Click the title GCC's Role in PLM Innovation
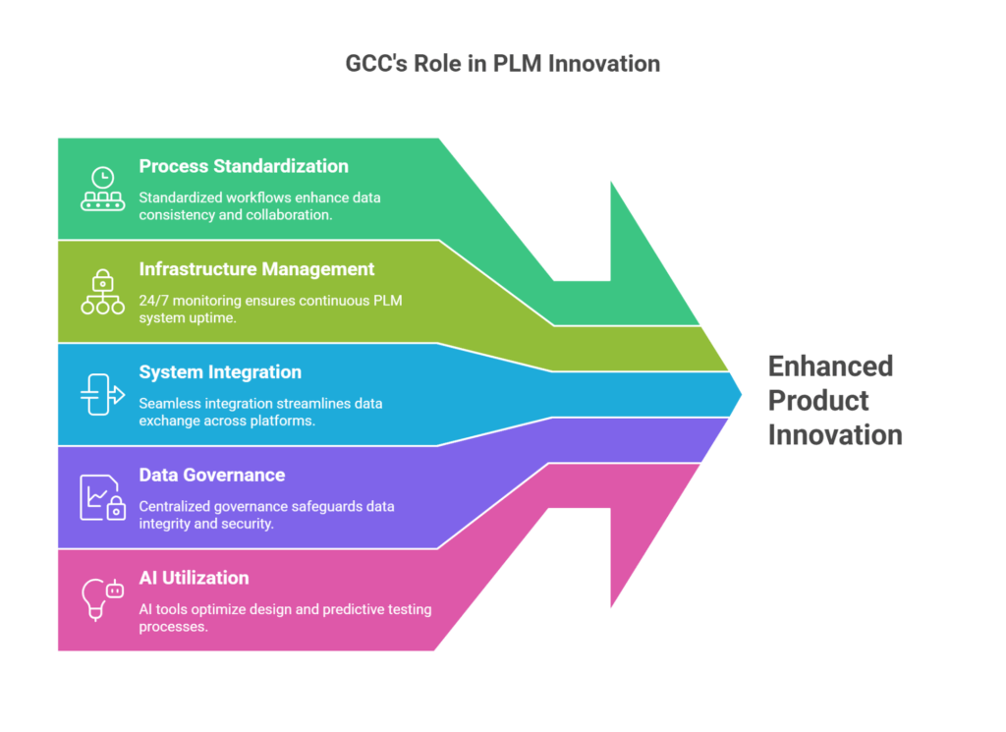tap(502, 64)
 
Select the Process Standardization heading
tap(244, 166)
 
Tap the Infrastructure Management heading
tap(256, 268)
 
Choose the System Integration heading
tap(220, 371)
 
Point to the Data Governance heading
tap(212, 475)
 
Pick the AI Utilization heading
tap(195, 578)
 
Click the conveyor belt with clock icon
tap(102, 190)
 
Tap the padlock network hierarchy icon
tap(102, 292)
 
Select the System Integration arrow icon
tap(102, 394)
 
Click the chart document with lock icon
tap(102, 497)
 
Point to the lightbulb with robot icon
tap(102, 598)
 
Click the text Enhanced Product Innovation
tap(834, 400)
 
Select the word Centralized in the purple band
tap(178, 506)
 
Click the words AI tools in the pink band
tap(165, 609)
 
